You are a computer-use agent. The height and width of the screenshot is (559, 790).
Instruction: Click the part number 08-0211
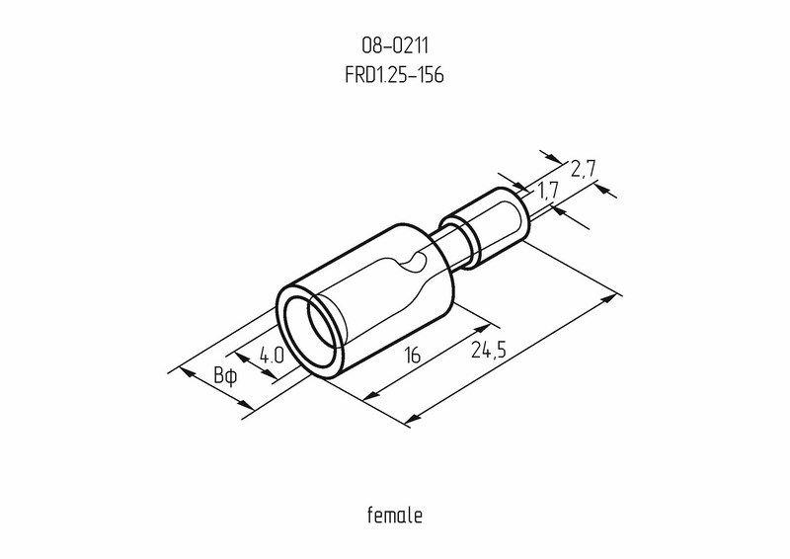tap(394, 45)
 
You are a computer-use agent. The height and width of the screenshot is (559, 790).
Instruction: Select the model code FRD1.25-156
tap(394, 75)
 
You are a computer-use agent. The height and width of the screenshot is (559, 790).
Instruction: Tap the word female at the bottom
tap(394, 515)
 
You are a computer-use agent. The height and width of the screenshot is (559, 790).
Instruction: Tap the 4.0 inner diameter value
tap(273, 355)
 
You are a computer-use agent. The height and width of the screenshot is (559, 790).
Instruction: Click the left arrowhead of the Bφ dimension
tap(183, 372)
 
